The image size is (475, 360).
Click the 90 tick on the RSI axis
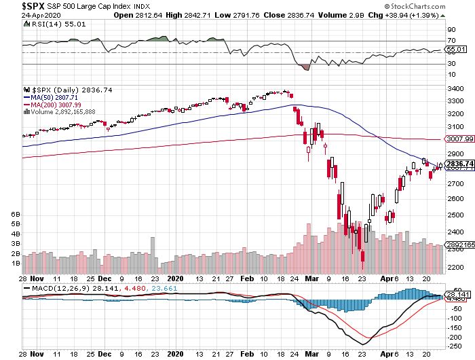tap(450, 31)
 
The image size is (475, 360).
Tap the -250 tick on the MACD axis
tap(453, 344)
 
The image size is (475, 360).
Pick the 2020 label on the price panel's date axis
tap(176, 278)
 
